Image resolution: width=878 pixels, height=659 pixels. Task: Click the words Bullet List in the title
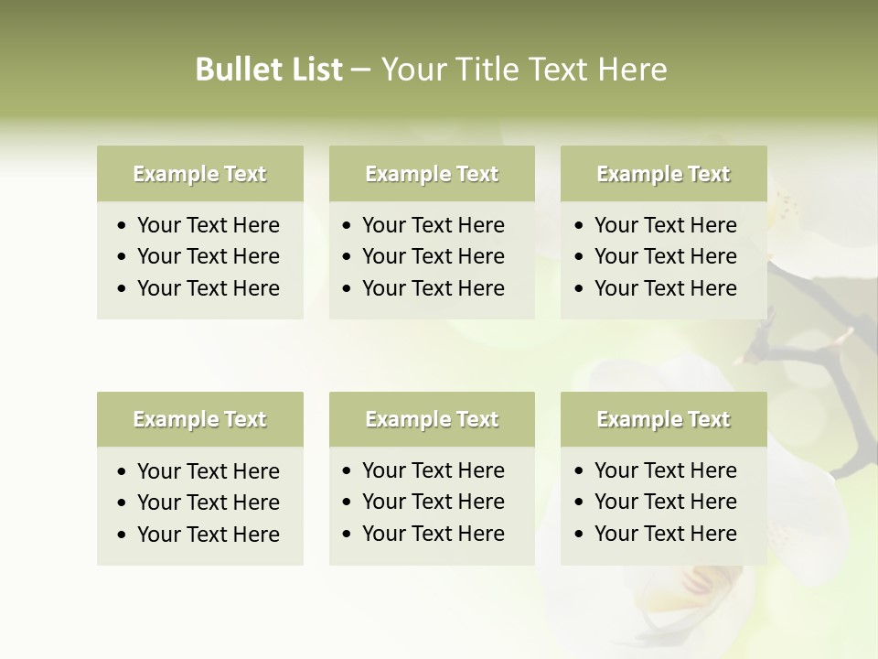click(x=269, y=70)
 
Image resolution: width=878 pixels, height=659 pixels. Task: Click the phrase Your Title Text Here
click(x=523, y=70)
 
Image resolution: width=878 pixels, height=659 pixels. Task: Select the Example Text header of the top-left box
click(x=199, y=174)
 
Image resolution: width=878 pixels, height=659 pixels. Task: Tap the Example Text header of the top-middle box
click(x=432, y=174)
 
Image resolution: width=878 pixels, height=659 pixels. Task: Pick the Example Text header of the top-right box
click(x=663, y=174)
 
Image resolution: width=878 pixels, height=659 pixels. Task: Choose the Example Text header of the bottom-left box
click(x=199, y=419)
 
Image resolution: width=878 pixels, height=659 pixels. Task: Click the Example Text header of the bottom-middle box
click(x=432, y=419)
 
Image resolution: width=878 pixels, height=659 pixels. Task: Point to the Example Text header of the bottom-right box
click(x=663, y=419)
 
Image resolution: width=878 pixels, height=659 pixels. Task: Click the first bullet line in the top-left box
click(x=209, y=225)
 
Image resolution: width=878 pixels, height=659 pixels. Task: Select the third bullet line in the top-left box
click(x=209, y=288)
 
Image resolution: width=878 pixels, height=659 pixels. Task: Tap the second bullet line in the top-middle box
click(x=434, y=256)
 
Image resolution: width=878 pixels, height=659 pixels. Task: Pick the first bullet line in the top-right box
click(x=666, y=225)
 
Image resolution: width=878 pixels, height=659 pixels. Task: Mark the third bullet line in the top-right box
click(x=666, y=288)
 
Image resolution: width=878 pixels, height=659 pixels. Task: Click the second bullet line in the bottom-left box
click(x=209, y=502)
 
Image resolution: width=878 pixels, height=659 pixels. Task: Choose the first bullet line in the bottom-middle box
click(x=434, y=470)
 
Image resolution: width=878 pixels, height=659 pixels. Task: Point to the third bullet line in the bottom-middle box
click(x=434, y=534)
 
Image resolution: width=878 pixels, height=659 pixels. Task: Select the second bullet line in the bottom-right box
click(x=666, y=502)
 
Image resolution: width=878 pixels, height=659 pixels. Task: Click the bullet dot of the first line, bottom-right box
click(x=580, y=471)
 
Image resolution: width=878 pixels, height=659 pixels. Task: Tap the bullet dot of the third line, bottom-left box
click(x=123, y=535)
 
